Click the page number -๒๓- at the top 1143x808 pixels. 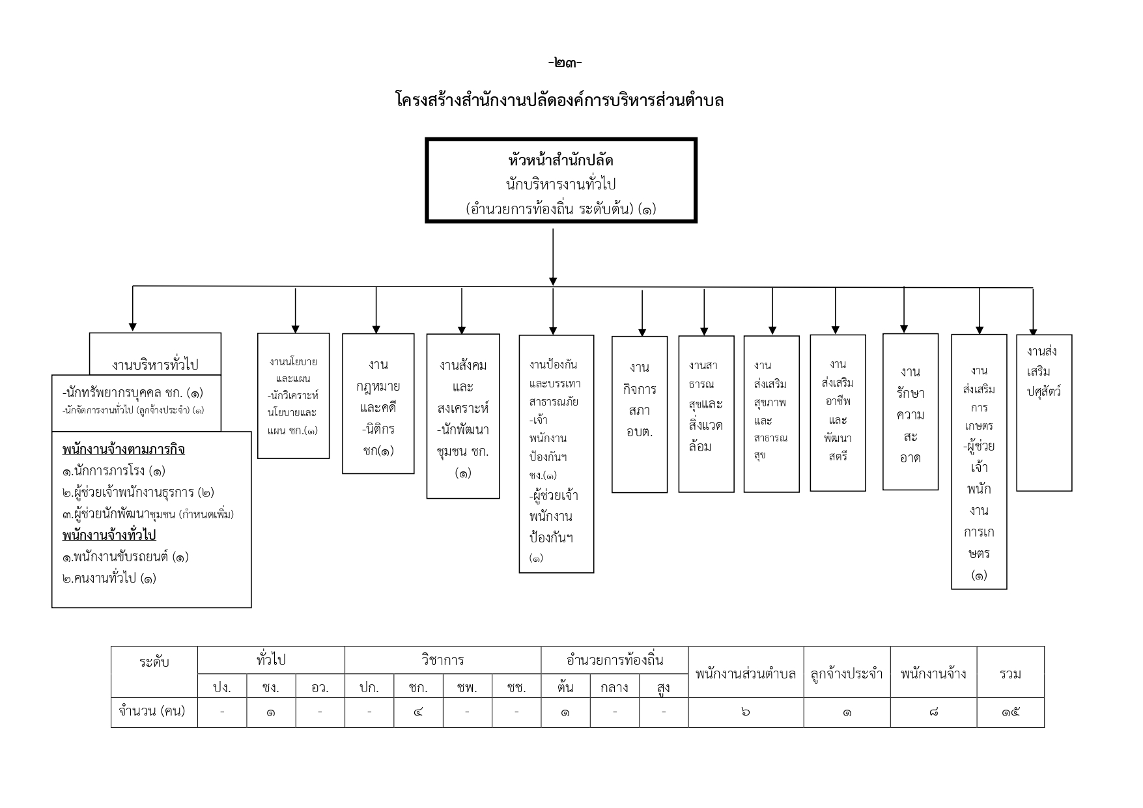565,63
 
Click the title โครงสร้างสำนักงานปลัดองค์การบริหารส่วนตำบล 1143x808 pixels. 559,100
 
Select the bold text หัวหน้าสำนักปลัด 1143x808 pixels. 561,160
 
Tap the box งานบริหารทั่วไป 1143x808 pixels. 155,354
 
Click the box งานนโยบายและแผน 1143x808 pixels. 294,396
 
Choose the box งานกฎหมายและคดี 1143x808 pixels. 378,404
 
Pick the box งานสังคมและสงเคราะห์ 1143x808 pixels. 463,416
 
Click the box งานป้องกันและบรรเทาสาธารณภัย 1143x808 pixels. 556,454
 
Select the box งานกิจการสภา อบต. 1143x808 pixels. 640,414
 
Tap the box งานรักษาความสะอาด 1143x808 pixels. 910,411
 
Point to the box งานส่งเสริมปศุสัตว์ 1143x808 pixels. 1044,413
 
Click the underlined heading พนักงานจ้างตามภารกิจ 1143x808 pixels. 124,449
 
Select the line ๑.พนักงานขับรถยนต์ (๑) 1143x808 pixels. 126,557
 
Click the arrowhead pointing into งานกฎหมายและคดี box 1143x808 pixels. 376,329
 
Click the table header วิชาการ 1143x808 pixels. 443,660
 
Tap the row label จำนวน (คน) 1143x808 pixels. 152,710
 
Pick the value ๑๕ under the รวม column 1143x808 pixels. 1011,712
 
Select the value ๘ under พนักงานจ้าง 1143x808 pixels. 933,712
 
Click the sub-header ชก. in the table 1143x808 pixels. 418,687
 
